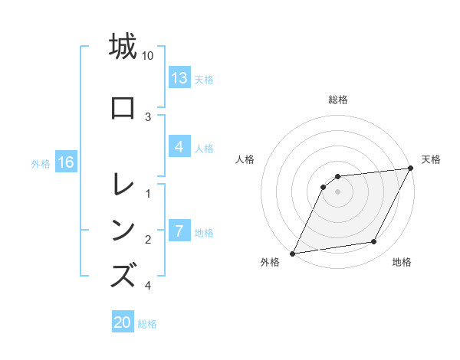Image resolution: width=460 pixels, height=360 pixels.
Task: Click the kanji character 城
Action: point(123,47)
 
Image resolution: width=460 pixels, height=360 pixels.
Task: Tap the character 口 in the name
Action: point(123,108)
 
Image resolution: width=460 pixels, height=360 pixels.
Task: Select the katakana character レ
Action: point(123,185)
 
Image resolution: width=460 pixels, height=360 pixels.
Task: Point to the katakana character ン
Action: point(123,229)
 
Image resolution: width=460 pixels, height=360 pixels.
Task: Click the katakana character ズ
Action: point(123,276)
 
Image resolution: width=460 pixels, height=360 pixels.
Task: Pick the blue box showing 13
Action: point(179,78)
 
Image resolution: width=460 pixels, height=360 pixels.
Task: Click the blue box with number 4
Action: point(179,147)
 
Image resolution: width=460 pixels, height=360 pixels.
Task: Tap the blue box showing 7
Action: point(179,231)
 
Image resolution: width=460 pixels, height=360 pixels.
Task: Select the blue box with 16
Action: point(66,162)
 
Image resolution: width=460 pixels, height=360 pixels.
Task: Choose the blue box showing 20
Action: point(123,322)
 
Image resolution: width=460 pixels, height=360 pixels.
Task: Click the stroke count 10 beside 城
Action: point(148,56)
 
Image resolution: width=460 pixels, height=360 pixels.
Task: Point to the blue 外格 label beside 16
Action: point(41,163)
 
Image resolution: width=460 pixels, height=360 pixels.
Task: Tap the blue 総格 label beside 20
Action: point(147,323)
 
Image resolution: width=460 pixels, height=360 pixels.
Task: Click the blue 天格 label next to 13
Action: point(204,79)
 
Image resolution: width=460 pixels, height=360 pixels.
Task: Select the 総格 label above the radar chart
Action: point(338,100)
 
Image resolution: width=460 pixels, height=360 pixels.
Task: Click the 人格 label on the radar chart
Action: point(245,159)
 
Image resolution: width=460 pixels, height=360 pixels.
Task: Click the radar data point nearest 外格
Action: point(292,254)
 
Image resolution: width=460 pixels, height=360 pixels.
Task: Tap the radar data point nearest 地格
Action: point(374,242)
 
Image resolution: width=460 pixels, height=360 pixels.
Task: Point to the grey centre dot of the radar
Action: point(338,191)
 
